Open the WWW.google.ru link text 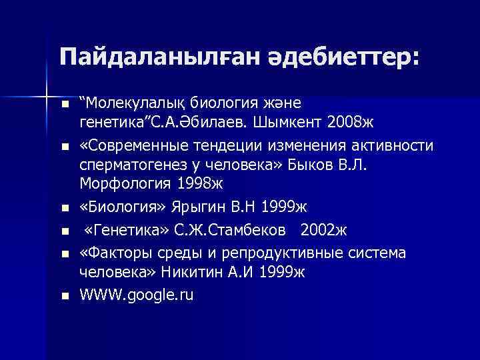click(x=136, y=295)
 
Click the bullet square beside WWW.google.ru click(x=64, y=296)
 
